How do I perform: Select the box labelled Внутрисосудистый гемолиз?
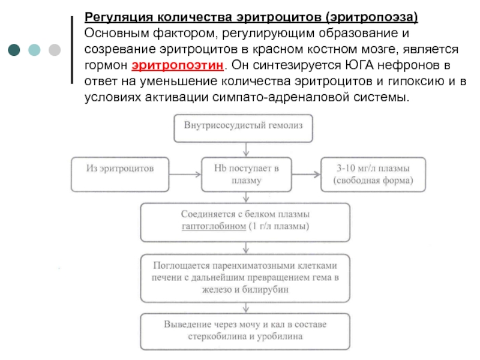click(244, 126)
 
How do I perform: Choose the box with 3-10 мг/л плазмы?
click(373, 175)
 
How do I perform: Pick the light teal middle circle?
click(34, 49)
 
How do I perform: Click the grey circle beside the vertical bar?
click(53, 49)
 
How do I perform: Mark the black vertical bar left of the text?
click(74, 49)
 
